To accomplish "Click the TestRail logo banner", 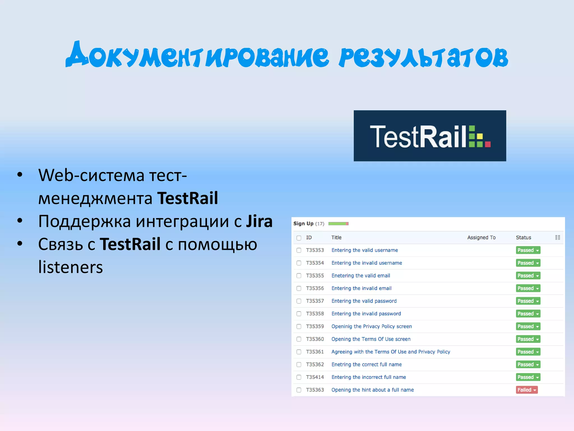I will (x=429, y=136).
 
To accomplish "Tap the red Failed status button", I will (x=526, y=390).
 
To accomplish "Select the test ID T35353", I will (x=315, y=250).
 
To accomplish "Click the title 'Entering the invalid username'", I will (x=367, y=263).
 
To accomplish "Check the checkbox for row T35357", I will (x=299, y=301).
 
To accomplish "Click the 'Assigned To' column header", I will (x=481, y=237).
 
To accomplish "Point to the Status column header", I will (x=523, y=237).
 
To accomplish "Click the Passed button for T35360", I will (x=528, y=339).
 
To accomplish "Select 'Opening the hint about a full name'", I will (x=372, y=390).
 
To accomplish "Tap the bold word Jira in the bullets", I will (x=259, y=221).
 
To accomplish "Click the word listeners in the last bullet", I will (x=70, y=267).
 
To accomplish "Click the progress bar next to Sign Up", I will (x=338, y=224).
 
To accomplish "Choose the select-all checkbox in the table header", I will (x=299, y=238).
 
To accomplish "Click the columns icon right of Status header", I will (x=557, y=237).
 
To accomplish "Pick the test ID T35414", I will (x=315, y=377).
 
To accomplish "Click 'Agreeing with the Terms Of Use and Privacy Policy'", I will (x=391, y=352).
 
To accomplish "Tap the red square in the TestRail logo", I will (x=488, y=144).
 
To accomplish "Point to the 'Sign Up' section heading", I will (x=303, y=224).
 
